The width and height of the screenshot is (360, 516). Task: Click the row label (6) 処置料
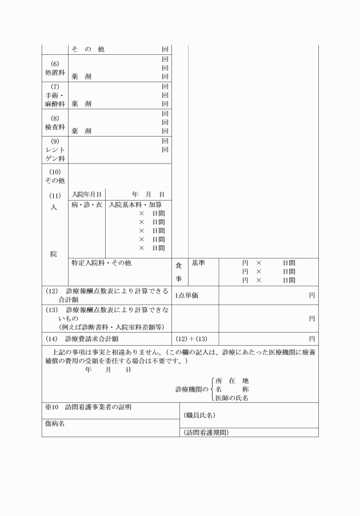(54, 68)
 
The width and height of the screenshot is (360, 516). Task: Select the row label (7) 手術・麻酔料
(54, 95)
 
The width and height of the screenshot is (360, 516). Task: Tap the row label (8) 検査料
(54, 123)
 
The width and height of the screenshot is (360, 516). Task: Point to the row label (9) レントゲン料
(54, 150)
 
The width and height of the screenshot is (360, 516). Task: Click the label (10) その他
(54, 177)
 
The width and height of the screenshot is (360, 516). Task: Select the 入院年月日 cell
(86, 195)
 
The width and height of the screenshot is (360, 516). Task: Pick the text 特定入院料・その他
(101, 263)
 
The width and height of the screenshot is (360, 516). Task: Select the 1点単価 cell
(187, 295)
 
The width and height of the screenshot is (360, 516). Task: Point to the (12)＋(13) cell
(191, 338)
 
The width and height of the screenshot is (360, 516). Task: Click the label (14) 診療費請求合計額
(90, 338)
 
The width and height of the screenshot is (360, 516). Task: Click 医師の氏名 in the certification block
(232, 398)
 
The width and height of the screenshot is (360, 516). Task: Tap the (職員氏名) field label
(199, 415)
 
